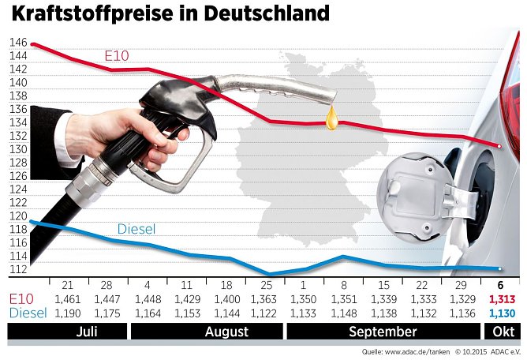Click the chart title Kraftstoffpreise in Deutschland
pyautogui.click(x=169, y=13)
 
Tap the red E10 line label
pyautogui.click(x=117, y=56)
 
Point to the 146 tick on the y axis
pyautogui.click(x=18, y=43)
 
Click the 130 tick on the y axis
pyautogui.click(x=18, y=149)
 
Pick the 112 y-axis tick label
pyautogui.click(x=18, y=269)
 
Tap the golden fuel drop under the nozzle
pyautogui.click(x=333, y=120)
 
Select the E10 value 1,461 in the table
pyautogui.click(x=69, y=300)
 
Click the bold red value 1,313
pyautogui.click(x=502, y=300)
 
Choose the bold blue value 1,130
pyautogui.click(x=502, y=313)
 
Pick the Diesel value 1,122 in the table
pyautogui.click(x=265, y=313)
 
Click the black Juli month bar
pyautogui.click(x=88, y=332)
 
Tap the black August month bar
pyautogui.click(x=226, y=332)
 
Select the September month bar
pyautogui.click(x=382, y=332)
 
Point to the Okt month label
pyautogui.click(x=502, y=332)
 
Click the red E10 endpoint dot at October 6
pyautogui.click(x=499, y=146)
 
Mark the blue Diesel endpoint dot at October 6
pyautogui.click(x=499, y=268)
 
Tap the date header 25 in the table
pyautogui.click(x=266, y=285)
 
